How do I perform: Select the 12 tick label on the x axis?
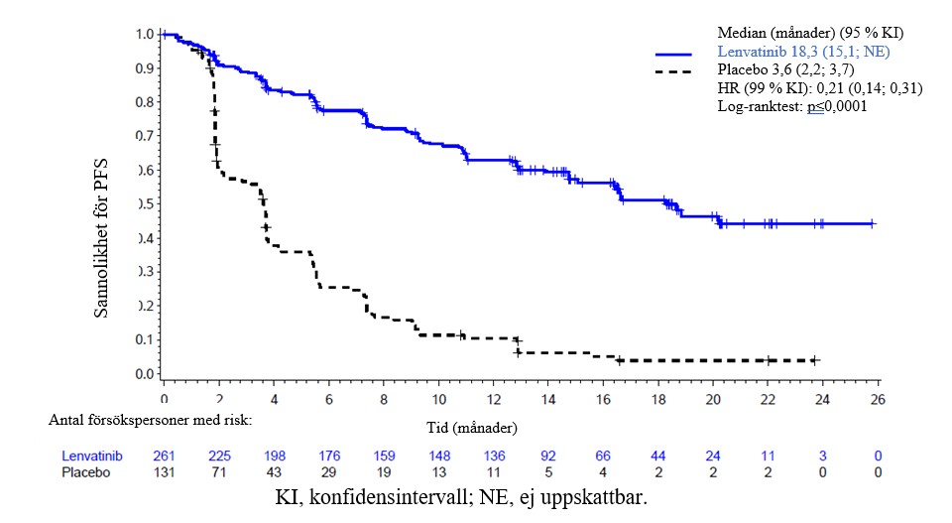(493, 399)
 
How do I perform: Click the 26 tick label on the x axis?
(878, 399)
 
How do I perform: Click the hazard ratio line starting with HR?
(819, 88)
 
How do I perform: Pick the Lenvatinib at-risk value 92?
(548, 457)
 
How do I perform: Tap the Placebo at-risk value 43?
(274, 473)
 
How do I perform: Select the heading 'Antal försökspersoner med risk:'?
(151, 420)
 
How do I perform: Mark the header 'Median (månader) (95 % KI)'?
(810, 34)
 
